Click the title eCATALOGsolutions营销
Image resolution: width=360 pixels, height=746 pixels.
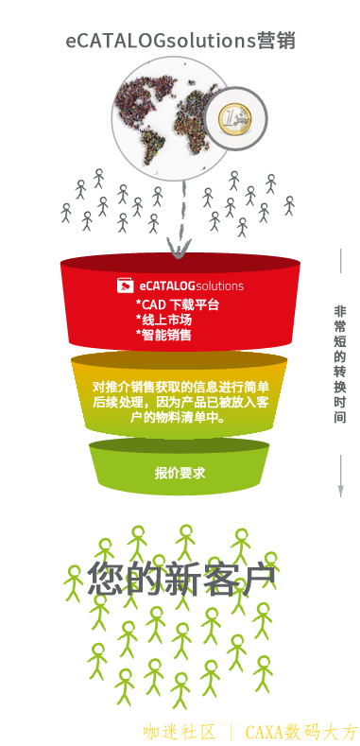(180, 41)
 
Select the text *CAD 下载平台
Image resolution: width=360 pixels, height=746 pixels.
(178, 304)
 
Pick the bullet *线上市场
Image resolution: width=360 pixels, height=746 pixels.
(163, 320)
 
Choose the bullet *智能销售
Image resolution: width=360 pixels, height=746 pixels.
(163, 335)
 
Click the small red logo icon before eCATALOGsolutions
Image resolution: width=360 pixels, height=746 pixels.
(125, 285)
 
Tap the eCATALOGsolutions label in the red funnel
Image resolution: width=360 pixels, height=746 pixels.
(191, 285)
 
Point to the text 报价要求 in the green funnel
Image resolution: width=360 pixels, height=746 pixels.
(180, 472)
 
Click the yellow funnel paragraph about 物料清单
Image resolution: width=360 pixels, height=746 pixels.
(180, 401)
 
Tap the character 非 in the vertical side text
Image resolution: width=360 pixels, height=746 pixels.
(340, 311)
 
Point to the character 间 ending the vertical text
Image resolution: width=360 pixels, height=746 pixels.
(340, 417)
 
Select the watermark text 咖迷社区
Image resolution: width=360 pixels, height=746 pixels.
(180, 731)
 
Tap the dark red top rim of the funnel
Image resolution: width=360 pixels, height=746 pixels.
(180, 262)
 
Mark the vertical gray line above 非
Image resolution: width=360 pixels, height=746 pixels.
(340, 273)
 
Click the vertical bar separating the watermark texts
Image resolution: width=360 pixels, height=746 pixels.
(231, 731)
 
